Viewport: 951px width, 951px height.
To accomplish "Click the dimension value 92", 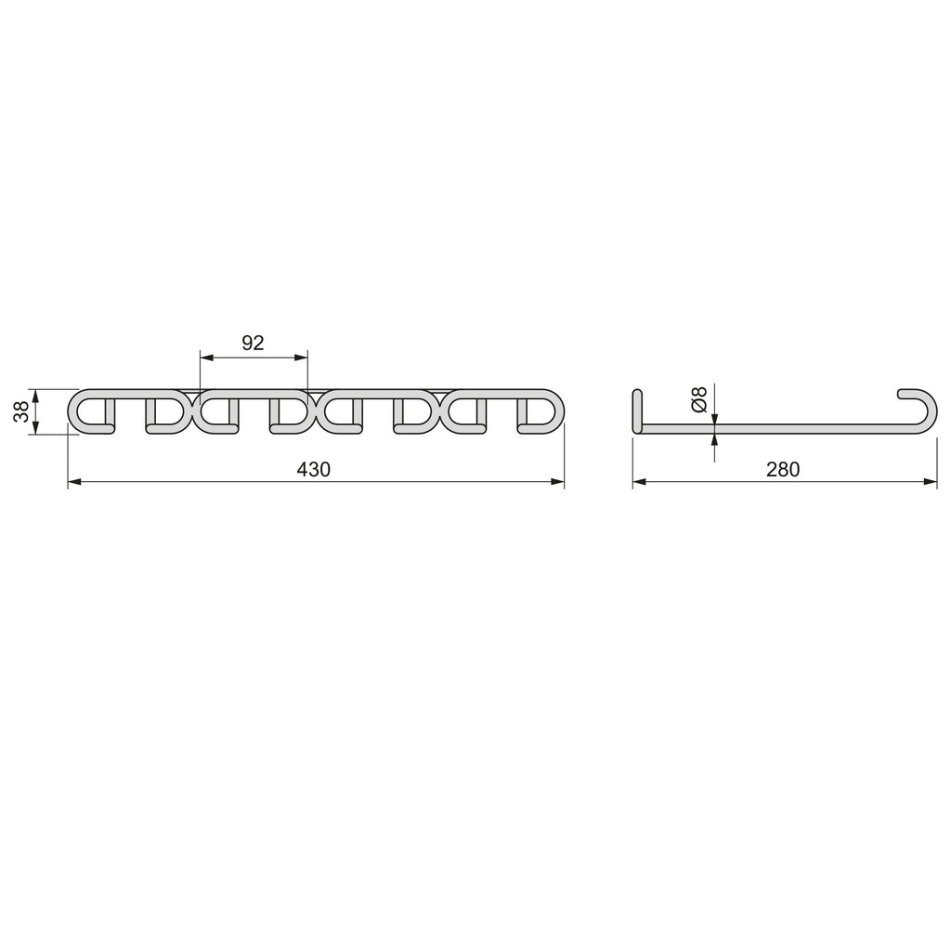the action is pos(253,344).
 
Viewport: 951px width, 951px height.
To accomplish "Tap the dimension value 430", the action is pos(314,469).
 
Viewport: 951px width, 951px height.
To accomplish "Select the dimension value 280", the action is pos(782,469).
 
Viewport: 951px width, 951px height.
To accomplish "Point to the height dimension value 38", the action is pos(22,411).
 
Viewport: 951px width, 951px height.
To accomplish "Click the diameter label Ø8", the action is pos(699,399).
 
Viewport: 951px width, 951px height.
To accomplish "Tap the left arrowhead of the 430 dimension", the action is pos(74,482).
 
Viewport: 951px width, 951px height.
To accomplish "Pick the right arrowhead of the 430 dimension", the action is pos(557,482).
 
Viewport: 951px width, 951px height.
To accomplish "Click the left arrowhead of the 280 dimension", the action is pos(640,482).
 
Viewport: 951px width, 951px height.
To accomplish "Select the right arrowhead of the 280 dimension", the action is pos(930,482).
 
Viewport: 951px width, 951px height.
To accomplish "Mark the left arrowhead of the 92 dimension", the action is pos(207,358).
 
